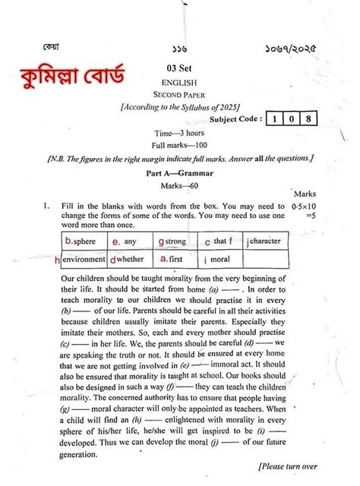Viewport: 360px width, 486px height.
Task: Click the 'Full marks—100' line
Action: [x=179, y=144]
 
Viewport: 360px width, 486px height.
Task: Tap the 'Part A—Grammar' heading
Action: [x=180, y=173]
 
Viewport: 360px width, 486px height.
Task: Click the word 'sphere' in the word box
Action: [x=86, y=242]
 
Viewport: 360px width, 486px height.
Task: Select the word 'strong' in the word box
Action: [x=175, y=242]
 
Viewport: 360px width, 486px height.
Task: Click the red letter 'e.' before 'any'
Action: [x=115, y=242]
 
